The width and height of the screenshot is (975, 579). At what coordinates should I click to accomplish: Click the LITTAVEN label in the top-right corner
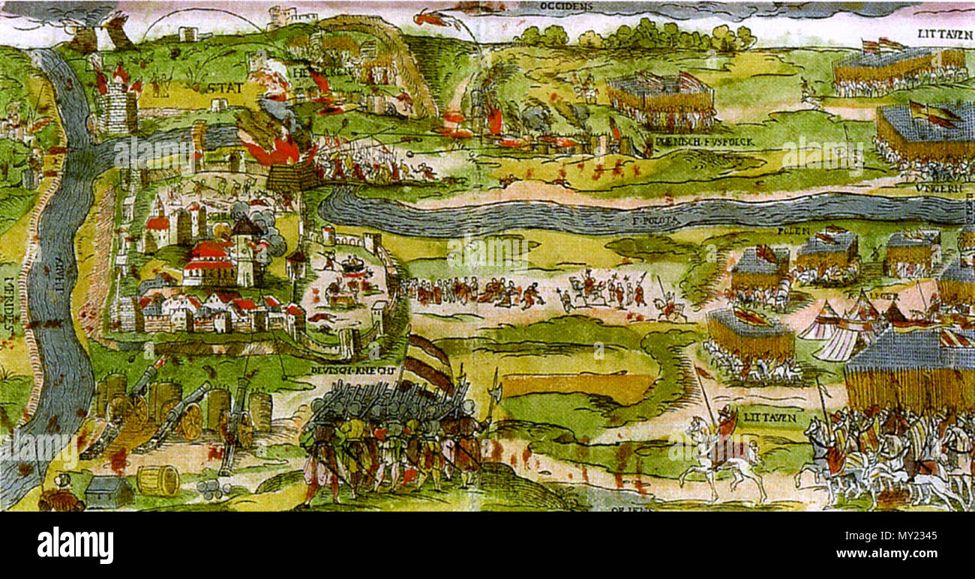945,34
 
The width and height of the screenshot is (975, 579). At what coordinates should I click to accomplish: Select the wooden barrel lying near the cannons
158,480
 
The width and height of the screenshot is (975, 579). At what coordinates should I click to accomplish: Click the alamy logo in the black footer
75,545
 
